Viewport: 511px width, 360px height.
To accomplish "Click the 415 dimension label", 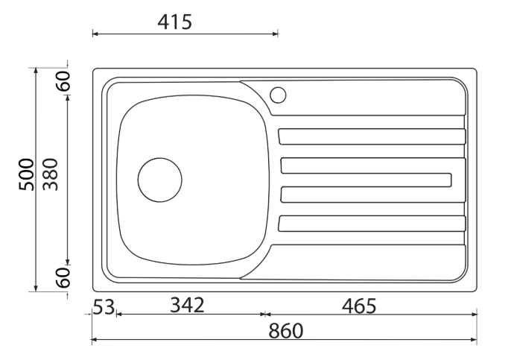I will [174, 22].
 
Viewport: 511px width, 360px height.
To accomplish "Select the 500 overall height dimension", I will [27, 175].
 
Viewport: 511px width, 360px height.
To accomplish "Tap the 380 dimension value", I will [50, 175].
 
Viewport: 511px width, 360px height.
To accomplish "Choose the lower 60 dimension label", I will [65, 277].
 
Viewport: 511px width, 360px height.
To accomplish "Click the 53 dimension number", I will [104, 306].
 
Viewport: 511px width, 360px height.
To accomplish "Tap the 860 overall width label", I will [286, 330].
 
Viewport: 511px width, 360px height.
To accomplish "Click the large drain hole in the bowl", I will [159, 180].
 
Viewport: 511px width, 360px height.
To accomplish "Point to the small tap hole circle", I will [278, 95].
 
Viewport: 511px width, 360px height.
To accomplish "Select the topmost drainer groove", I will [371, 136].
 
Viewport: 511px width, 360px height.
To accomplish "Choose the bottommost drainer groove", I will [371, 223].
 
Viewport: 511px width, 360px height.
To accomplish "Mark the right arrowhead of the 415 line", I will [276, 33].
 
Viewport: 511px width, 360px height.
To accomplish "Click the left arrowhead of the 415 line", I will [95, 33].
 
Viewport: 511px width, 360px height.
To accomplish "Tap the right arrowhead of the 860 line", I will [474, 341].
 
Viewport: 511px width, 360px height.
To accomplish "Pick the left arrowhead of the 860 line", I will [94, 341].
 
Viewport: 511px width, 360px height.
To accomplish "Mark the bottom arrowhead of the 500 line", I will [36, 288].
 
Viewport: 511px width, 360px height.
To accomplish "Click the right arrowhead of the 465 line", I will [474, 315].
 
